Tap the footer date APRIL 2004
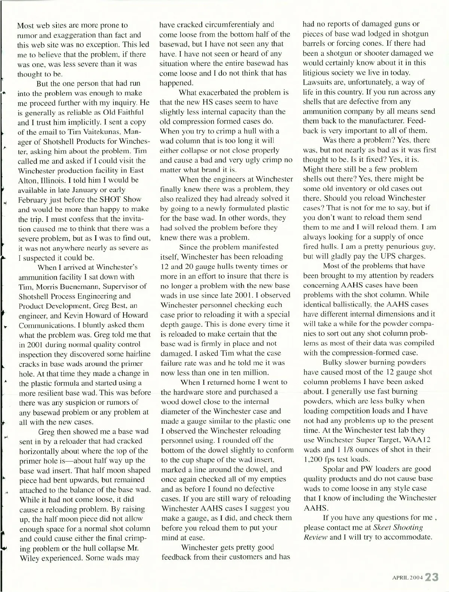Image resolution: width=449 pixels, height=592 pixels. (407, 578)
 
